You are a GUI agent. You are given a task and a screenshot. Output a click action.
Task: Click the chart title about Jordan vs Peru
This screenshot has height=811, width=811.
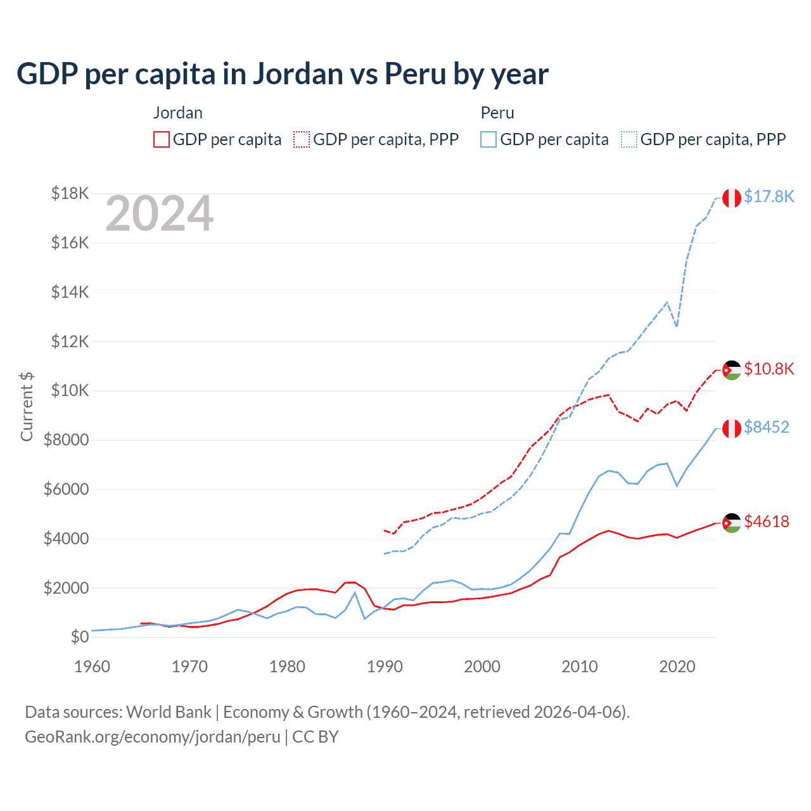pyautogui.click(x=283, y=74)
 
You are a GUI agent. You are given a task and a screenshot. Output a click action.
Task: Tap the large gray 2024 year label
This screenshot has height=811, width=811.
pyautogui.click(x=159, y=214)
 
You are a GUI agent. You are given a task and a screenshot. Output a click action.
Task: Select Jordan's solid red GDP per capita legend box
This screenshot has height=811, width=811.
pyautogui.click(x=162, y=139)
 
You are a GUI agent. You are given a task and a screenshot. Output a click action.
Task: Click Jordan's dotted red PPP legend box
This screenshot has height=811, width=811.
pyautogui.click(x=302, y=139)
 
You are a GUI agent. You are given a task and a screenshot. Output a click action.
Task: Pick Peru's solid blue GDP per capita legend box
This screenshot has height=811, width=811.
pyautogui.click(x=489, y=139)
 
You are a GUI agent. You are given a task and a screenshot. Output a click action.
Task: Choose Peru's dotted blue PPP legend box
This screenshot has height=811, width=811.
pyautogui.click(x=629, y=139)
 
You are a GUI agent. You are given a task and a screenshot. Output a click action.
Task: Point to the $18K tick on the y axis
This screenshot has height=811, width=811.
pyautogui.click(x=70, y=193)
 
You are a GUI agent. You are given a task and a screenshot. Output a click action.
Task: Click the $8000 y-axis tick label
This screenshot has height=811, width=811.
pyautogui.click(x=66, y=440)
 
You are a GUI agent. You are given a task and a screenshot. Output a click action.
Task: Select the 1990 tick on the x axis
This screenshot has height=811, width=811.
pyautogui.click(x=385, y=667)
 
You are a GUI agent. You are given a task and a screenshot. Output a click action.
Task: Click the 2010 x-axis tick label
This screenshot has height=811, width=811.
pyautogui.click(x=580, y=667)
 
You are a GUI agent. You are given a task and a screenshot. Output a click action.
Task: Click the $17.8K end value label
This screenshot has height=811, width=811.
pyautogui.click(x=769, y=196)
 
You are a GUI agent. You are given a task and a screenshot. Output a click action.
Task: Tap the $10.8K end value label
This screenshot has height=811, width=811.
pyautogui.click(x=769, y=369)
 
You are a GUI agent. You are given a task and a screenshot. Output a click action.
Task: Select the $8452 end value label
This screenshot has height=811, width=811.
pyautogui.click(x=767, y=427)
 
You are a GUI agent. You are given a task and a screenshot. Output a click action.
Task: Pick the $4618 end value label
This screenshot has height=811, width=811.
pyautogui.click(x=767, y=521)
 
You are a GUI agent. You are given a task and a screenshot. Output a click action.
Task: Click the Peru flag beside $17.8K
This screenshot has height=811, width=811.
pyautogui.click(x=732, y=198)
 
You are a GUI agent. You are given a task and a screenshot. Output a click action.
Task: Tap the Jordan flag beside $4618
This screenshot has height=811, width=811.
pyautogui.click(x=732, y=523)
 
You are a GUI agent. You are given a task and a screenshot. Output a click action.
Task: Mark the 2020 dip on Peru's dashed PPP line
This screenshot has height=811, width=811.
pyautogui.click(x=677, y=326)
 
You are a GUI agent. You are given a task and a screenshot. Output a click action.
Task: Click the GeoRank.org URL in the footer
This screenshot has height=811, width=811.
pyautogui.click(x=152, y=737)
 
